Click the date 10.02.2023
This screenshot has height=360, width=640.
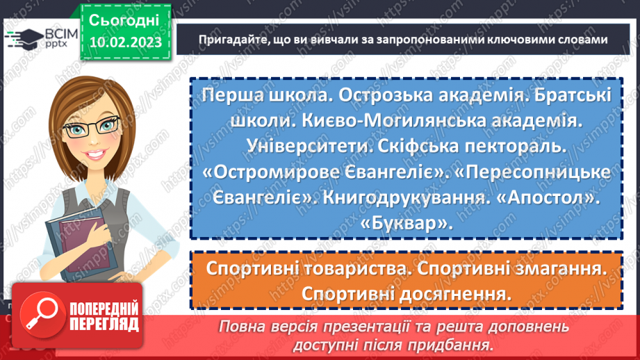coord(124,43)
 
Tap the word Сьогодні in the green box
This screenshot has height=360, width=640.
coord(124,19)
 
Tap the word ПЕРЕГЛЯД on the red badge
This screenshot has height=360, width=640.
coord(104,325)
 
